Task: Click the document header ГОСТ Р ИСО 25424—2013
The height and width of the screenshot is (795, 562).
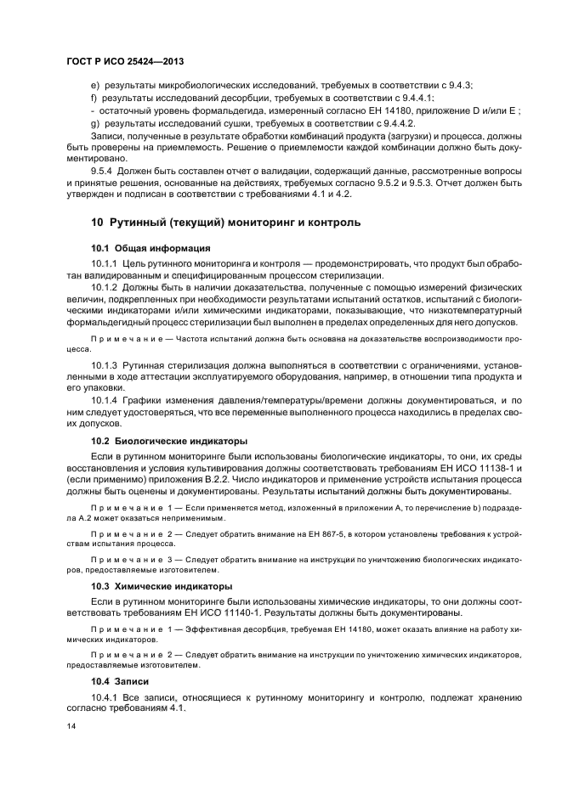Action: (125, 63)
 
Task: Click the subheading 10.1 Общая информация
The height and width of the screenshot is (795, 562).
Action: (150, 248)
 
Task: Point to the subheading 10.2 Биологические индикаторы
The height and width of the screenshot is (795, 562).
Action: (169, 441)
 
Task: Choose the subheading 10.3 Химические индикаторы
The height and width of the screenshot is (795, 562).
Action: (164, 587)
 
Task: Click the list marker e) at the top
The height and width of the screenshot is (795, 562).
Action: (94, 85)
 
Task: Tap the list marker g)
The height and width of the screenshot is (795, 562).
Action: (94, 123)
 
